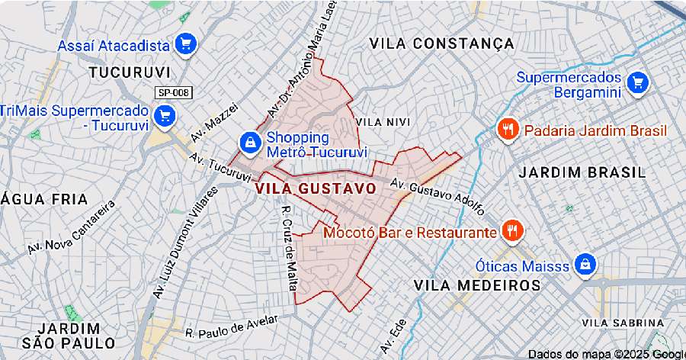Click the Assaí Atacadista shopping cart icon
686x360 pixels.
[184, 45]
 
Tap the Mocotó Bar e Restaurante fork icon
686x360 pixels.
[511, 231]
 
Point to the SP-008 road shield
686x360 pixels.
[173, 92]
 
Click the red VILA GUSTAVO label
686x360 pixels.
[316, 188]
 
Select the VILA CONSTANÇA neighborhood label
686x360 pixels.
[442, 43]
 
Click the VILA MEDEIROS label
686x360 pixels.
[477, 284]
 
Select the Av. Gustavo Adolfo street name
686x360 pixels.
[437, 194]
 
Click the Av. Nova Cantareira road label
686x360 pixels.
[71, 227]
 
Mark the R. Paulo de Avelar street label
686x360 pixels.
[227, 327]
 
